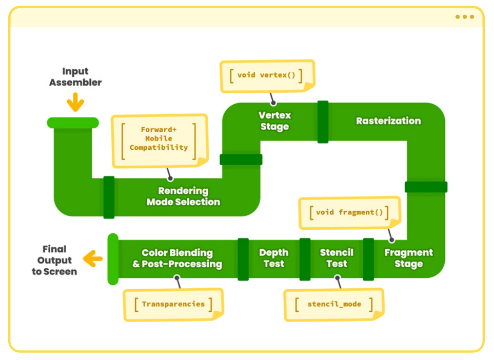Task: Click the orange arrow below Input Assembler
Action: coord(75,102)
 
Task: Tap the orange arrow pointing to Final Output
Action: coord(93,258)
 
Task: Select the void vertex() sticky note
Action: coord(267,76)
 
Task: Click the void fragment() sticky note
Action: coord(349,213)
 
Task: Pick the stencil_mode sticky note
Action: coord(334,305)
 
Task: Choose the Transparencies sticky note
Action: coord(173,305)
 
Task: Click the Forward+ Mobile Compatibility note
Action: coord(160,141)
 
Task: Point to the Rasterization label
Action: coord(388,121)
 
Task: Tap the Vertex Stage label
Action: coord(275,121)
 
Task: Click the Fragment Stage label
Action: coord(409,258)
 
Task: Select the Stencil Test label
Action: coord(337,258)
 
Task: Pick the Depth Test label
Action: coord(274,258)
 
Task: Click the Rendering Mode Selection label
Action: coord(183,196)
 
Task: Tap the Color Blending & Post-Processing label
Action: coord(177,258)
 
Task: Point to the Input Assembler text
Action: coord(75,76)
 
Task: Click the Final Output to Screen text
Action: coord(54,260)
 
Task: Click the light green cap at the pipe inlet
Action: coord(73,123)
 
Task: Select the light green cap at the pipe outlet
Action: coord(113,259)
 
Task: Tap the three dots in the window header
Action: coord(465,17)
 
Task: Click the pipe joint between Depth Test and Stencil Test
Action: coord(305,259)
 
